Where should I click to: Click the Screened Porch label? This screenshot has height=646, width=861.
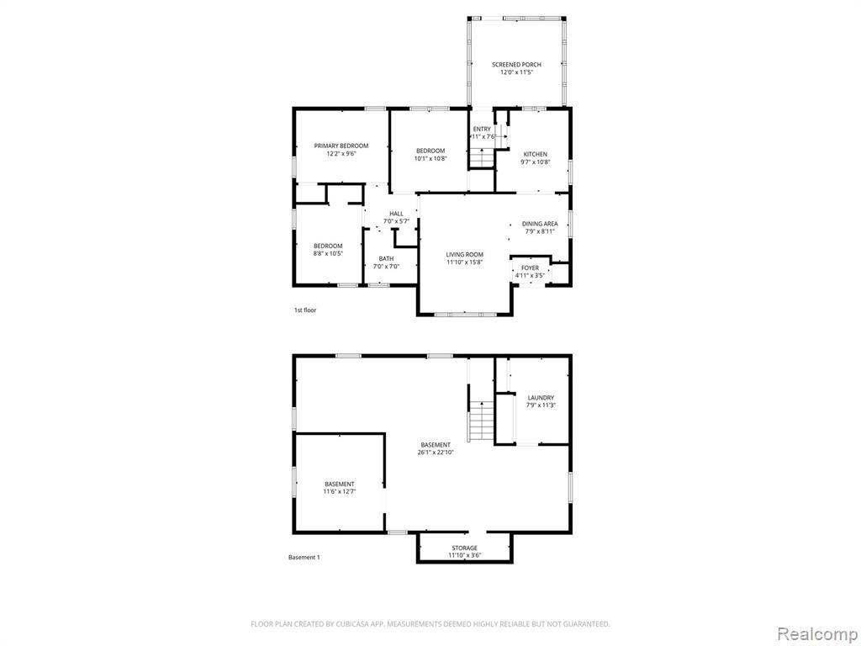tap(516, 64)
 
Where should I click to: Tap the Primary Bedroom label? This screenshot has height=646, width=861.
tap(341, 146)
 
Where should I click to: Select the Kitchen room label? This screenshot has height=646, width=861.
tap(535, 155)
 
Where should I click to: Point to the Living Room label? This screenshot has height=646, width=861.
tap(464, 254)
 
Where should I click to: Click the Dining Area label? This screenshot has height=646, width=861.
tap(540, 224)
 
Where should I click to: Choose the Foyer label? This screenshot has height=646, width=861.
tap(530, 268)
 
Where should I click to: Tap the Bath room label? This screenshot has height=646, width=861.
tap(386, 259)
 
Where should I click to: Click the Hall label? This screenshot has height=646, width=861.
tap(397, 214)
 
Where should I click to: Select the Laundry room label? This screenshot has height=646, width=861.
tap(541, 398)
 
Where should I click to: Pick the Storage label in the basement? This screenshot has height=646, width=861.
tap(464, 548)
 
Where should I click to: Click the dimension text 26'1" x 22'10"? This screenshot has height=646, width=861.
tap(436, 453)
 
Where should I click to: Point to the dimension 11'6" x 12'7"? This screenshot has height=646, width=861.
tap(340, 491)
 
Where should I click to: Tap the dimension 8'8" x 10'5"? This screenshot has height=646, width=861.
tap(328, 253)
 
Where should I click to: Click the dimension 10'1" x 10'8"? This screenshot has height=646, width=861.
tap(430, 158)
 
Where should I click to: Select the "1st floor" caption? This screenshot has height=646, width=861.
tap(305, 310)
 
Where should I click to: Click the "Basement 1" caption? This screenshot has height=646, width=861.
tap(304, 558)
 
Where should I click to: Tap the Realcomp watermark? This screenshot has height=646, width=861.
tap(816, 634)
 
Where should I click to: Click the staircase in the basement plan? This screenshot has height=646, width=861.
tap(483, 421)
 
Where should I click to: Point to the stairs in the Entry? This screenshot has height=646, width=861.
tap(483, 159)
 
